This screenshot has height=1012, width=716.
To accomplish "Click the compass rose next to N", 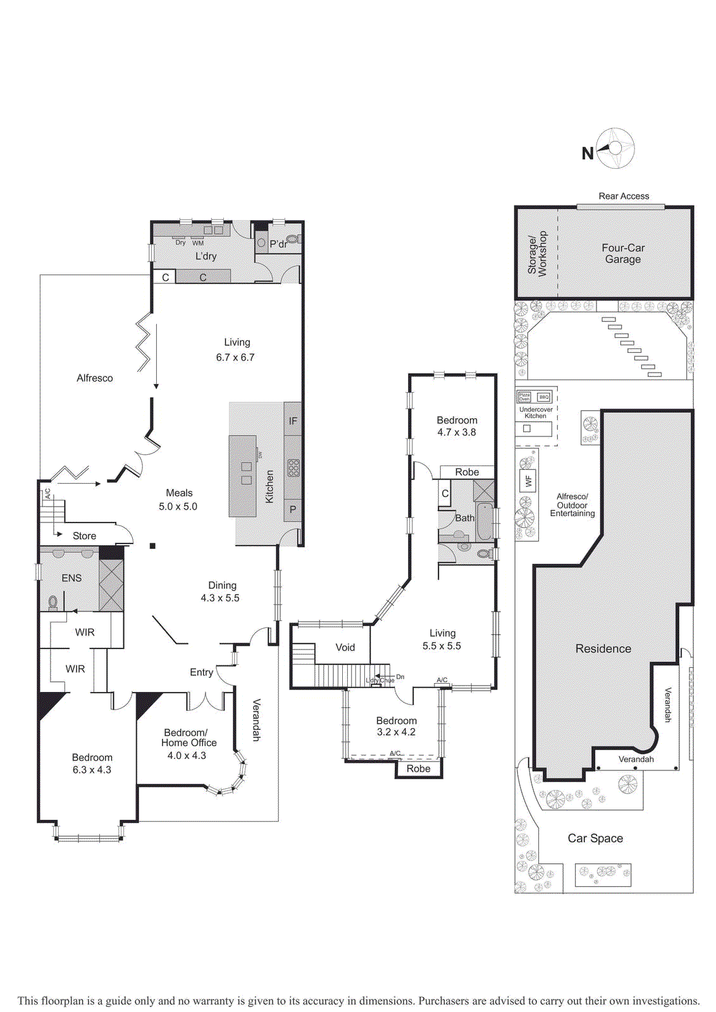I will tap(615, 149).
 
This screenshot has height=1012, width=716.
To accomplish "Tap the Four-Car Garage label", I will tap(623, 254).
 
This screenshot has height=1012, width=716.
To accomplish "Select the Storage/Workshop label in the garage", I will tap(537, 253).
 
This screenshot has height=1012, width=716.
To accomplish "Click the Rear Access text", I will tap(624, 196).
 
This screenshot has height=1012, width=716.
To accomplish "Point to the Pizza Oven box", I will tap(524, 397).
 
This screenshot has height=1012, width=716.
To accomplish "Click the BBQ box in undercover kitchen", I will tap(543, 397).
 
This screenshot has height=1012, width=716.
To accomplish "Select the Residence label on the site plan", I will tap(603, 648).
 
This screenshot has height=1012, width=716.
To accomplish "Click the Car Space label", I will tap(595, 838).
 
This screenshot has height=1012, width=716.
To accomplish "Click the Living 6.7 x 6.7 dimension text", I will tap(235, 357).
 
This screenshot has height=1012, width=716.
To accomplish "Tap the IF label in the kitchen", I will tap(293, 421).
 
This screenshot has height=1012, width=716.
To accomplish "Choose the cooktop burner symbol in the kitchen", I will tap(293, 467).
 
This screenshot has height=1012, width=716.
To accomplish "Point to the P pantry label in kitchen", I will tap(293, 509).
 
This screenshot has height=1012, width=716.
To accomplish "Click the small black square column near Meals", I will tap(152, 545).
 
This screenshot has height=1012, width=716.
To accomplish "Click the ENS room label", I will tap(71, 577).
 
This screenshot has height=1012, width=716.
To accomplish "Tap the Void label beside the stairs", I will tap(345, 647).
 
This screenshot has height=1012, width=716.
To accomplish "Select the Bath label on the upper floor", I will tap(465, 517).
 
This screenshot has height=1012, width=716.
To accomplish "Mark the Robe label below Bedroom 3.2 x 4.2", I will tap(419, 768).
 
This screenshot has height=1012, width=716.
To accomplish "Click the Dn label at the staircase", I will tap(400, 677).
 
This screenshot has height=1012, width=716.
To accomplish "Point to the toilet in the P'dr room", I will tap(294, 240).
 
